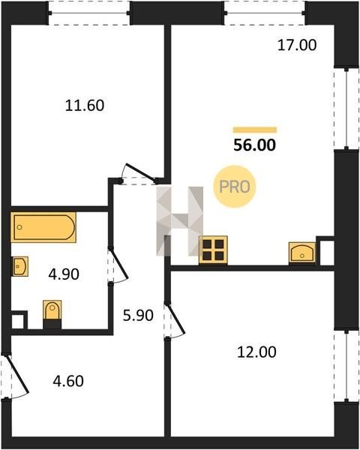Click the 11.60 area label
[85, 105]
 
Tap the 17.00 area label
[297, 45]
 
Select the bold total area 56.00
[255, 145]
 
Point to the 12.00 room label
[256, 352]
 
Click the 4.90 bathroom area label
[64, 274]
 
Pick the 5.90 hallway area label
[138, 316]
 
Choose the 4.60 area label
[68, 381]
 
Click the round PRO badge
[235, 187]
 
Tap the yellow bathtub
[43, 227]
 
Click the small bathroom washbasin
[20, 266]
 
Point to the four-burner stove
[213, 250]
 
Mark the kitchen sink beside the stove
[302, 252]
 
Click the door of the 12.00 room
[175, 320]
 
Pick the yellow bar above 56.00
[255, 130]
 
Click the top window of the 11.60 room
[89, 13]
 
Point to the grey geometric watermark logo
[180, 221]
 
